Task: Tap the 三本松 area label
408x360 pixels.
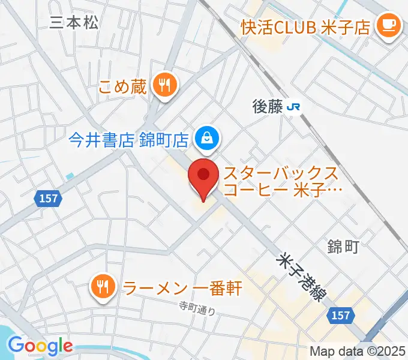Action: pyautogui.click(x=74, y=23)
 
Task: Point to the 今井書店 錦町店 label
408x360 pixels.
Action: pyautogui.click(x=130, y=140)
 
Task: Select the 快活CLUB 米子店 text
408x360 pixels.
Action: pyautogui.click(x=305, y=26)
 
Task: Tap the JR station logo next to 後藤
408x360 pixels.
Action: pyautogui.click(x=294, y=107)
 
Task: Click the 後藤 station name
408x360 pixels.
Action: pyautogui.click(x=267, y=107)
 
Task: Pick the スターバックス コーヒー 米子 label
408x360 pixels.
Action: pyautogui.click(x=282, y=183)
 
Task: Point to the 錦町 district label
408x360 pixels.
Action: pyautogui.click(x=343, y=246)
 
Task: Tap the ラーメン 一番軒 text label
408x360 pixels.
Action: pyautogui.click(x=182, y=287)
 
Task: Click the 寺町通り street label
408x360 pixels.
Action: pyautogui.click(x=197, y=308)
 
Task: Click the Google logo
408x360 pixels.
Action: pyautogui.click(x=40, y=346)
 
